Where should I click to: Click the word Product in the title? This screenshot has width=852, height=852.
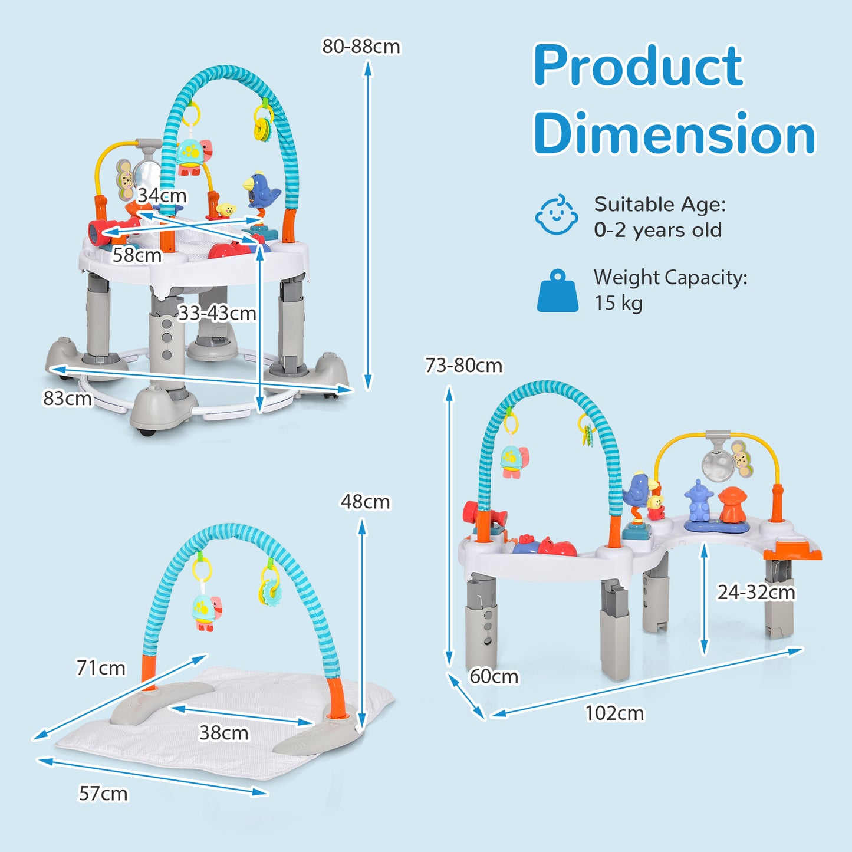point(638,66)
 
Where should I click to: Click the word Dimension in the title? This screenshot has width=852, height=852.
point(674,134)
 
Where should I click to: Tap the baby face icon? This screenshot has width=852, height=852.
point(556,215)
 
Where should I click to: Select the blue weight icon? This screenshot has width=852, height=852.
point(557,291)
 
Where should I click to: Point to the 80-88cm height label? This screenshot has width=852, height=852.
point(361,47)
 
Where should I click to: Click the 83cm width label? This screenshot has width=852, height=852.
point(67,399)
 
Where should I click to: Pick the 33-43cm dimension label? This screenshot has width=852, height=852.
point(217,313)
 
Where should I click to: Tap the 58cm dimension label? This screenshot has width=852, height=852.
point(137,255)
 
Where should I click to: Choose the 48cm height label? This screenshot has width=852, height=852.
point(365,502)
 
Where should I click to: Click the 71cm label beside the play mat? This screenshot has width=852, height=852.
point(101,668)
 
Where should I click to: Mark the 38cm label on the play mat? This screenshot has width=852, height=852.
point(224,733)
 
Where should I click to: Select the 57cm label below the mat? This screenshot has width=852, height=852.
point(103,794)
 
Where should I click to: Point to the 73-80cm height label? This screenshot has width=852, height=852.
point(463,366)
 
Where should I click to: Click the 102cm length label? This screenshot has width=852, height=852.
point(614,713)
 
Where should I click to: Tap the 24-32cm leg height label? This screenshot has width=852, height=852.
point(756,592)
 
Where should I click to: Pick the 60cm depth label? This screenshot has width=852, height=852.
point(494,676)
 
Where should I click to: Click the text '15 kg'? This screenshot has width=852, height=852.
point(618,303)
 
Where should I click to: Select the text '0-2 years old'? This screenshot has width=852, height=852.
point(657,230)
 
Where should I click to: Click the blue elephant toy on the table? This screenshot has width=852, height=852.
point(698,501)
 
